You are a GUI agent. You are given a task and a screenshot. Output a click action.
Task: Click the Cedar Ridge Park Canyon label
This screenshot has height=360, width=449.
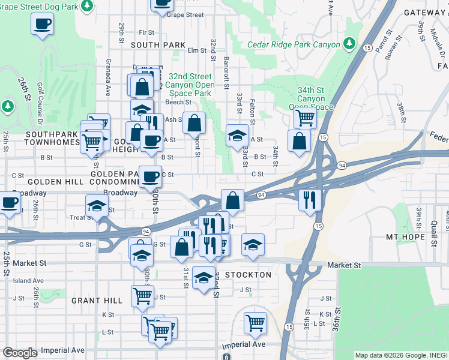[x=293, y=45]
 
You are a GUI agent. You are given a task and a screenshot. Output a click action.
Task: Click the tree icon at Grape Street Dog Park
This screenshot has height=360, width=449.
[x=87, y=5]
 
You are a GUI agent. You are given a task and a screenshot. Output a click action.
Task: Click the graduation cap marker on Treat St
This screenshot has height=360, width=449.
[x=97, y=205]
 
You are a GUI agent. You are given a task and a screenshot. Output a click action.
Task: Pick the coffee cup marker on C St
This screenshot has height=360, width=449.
[x=150, y=176]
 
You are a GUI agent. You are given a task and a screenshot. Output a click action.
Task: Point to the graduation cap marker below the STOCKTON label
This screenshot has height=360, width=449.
[x=204, y=278]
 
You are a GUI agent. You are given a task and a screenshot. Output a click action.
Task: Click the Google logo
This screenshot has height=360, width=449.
[x=20, y=353]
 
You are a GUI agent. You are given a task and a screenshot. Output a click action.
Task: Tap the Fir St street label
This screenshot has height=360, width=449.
[x=146, y=32]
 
